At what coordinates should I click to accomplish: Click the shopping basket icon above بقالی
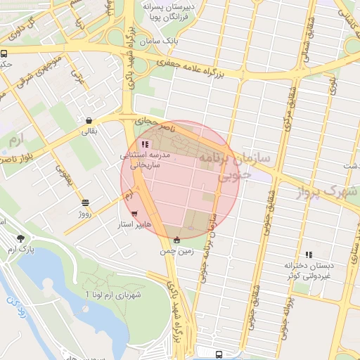89,120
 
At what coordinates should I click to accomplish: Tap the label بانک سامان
160,42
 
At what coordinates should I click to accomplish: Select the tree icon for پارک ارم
20,238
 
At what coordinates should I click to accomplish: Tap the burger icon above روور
85,202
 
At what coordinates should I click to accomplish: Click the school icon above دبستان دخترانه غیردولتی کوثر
308,255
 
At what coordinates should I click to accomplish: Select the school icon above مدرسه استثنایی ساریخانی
144,144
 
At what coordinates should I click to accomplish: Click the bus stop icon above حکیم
4,53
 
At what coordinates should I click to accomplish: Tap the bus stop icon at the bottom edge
219,355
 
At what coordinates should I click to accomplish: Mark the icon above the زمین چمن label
176,240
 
